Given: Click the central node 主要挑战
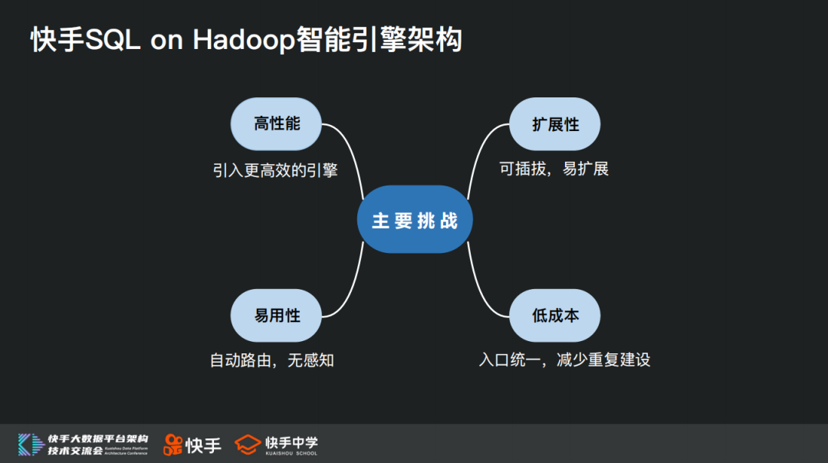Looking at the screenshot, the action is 415,221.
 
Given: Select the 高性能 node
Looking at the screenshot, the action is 277,123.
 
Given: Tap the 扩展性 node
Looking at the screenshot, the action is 555,123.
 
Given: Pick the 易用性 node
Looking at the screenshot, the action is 277,314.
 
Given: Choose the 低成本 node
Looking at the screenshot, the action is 555,314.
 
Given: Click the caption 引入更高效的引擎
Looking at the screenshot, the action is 275,169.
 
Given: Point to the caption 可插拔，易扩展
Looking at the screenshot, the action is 554,169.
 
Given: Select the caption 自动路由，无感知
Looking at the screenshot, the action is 272,360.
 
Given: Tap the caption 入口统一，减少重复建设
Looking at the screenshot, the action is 564,360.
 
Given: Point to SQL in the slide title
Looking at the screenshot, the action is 113,41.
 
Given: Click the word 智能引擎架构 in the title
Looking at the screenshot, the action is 379,41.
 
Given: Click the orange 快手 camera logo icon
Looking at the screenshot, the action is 172,445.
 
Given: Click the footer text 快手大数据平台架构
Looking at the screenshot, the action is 97,438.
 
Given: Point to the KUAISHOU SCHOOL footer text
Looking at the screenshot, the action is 291,453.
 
